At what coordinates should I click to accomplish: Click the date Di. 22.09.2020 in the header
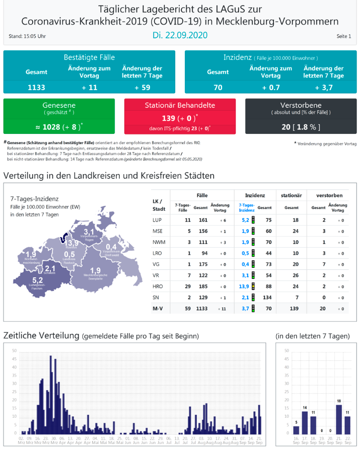pyautogui.click(x=180, y=36)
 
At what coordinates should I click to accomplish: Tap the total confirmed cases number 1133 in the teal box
pyautogui.click(x=36, y=87)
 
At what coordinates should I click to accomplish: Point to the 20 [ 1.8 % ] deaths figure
pyautogui.click(x=301, y=127)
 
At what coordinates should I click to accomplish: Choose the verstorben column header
pyautogui.click(x=329, y=194)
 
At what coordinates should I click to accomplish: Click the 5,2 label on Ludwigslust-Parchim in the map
pyautogui.click(x=37, y=280)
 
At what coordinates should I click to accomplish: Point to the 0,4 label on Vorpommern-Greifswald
pyautogui.click(x=111, y=247)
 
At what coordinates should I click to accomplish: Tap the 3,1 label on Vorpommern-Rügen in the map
pyautogui.click(x=89, y=231)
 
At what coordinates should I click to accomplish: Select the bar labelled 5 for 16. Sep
pyautogui.click(x=296, y=429)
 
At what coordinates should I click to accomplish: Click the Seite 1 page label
pyautogui.click(x=344, y=37)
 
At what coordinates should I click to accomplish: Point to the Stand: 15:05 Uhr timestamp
pyautogui.click(x=28, y=37)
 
